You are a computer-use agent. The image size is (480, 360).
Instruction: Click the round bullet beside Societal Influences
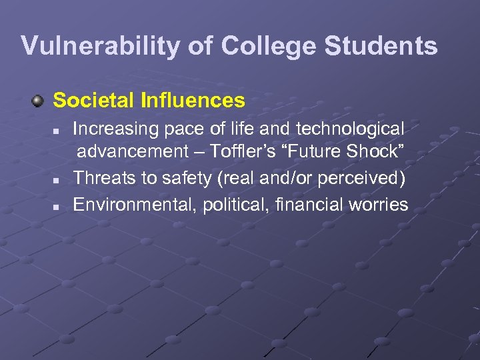(x=39, y=101)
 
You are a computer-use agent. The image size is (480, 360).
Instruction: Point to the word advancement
(x=133, y=153)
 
